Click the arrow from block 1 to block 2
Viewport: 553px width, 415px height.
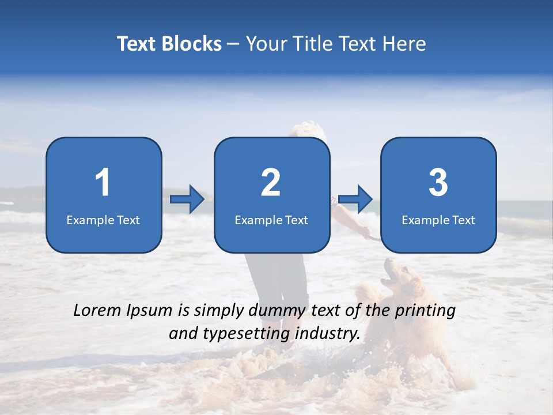click(x=187, y=199)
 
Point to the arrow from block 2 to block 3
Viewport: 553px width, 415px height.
click(x=355, y=199)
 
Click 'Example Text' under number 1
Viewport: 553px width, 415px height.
click(x=103, y=220)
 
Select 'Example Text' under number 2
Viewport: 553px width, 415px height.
click(x=271, y=220)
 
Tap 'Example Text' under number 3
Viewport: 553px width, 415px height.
click(x=438, y=220)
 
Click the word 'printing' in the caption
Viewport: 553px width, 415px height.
click(x=425, y=311)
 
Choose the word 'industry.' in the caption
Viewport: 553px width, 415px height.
click(x=327, y=333)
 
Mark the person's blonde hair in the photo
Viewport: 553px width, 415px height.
click(x=308, y=129)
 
